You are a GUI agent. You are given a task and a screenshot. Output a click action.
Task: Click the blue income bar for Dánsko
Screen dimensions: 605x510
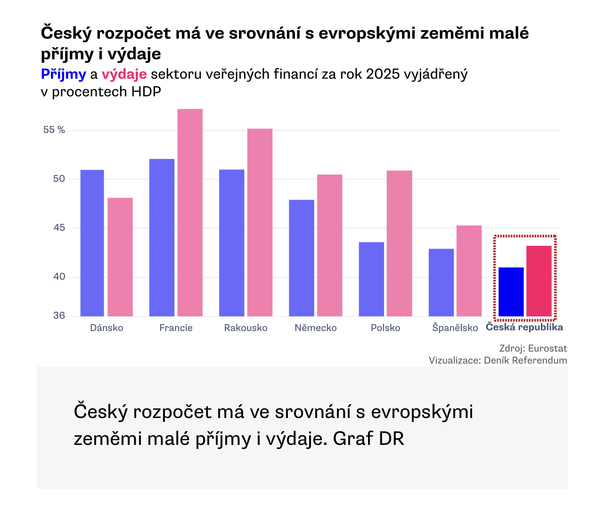pyautogui.click(x=92, y=243)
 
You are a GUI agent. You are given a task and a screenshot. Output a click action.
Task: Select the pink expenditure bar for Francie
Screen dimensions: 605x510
pyautogui.click(x=190, y=213)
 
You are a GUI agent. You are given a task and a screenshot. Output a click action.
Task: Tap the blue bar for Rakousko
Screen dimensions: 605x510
pyautogui.click(x=231, y=243)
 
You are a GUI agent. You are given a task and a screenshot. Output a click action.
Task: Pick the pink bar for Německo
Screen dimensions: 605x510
pyautogui.click(x=329, y=245)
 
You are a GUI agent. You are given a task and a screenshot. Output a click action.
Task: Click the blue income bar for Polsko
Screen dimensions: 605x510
pyautogui.click(x=371, y=279)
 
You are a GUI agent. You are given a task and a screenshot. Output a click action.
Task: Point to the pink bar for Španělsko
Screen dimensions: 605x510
pyautogui.click(x=469, y=271)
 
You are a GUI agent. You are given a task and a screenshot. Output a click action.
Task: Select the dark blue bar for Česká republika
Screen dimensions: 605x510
pyautogui.click(x=511, y=292)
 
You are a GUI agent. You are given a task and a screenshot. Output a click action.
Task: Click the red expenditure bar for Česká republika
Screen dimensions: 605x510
pyautogui.click(x=539, y=281)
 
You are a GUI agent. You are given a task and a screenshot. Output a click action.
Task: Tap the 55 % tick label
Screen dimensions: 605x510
pyautogui.click(x=54, y=130)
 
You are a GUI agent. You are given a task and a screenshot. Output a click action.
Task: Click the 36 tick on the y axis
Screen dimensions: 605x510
pyautogui.click(x=59, y=315)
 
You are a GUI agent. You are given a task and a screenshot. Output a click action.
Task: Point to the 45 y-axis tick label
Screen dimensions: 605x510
pyautogui.click(x=59, y=227)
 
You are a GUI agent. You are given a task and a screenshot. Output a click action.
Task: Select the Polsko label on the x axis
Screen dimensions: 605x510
pyautogui.click(x=385, y=328)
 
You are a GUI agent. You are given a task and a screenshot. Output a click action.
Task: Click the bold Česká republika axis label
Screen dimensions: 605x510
pyautogui.click(x=524, y=327)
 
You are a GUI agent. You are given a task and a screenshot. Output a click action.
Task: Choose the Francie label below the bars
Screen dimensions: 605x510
pyautogui.click(x=176, y=328)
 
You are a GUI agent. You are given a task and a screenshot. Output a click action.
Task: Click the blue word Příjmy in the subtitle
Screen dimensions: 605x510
pyautogui.click(x=64, y=74)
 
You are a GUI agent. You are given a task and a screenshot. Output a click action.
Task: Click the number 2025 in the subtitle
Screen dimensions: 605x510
pyautogui.click(x=383, y=74)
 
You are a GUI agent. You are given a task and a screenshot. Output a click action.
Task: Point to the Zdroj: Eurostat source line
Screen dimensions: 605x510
pyautogui.click(x=533, y=348)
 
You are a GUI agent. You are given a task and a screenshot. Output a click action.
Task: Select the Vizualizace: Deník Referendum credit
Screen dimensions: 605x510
pyautogui.click(x=498, y=360)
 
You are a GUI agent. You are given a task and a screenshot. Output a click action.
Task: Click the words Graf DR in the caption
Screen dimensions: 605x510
pyautogui.click(x=368, y=439)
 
